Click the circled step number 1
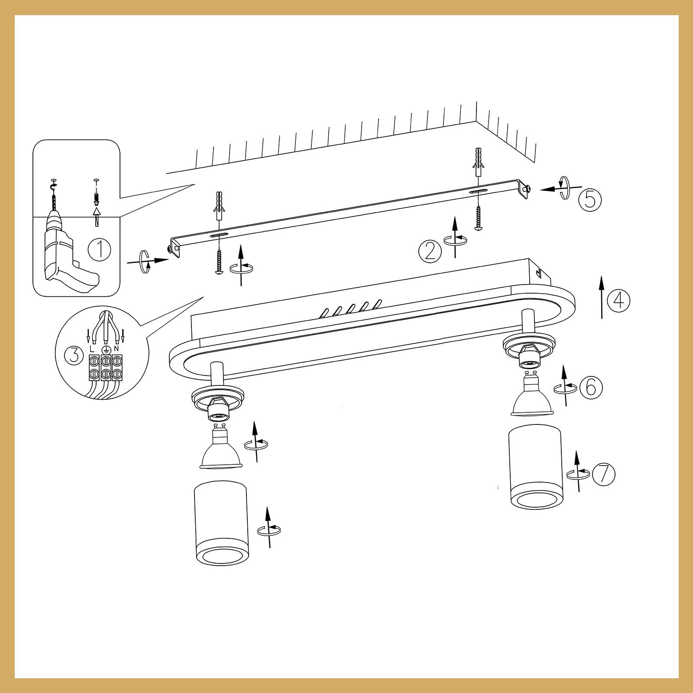coord(99,249)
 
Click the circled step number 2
coord(430,250)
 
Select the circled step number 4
coord(619,300)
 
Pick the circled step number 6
coord(591,387)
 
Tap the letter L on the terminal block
coord(91,349)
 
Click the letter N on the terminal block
coord(116,349)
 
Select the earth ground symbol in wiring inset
coord(104,349)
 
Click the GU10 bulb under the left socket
coord(220,450)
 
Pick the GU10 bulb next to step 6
coord(532,394)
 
